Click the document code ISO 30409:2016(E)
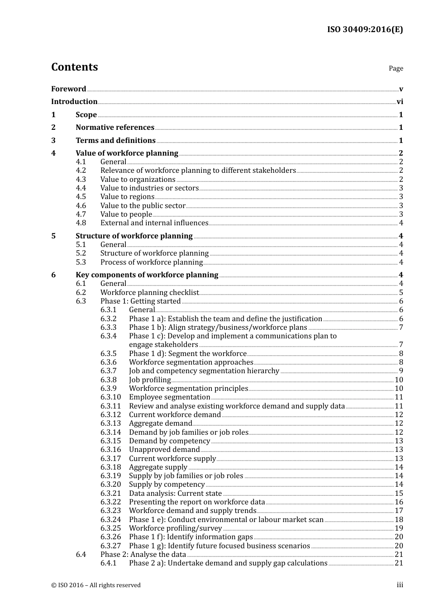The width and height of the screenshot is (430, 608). point(365,29)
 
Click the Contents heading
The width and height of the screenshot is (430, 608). point(74,67)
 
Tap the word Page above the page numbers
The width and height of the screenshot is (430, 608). point(396,68)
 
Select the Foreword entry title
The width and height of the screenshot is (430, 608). point(68,89)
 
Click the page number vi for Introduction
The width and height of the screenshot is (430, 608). point(400,102)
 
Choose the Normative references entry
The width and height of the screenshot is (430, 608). point(115,128)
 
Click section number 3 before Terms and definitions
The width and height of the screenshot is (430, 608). point(53,141)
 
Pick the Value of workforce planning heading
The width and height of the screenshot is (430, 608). point(127,153)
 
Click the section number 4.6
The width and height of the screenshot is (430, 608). point(81,206)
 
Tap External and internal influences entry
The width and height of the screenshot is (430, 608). point(154,223)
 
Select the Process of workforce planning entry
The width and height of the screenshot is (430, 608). point(151,262)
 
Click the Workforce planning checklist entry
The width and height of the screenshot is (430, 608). point(149,293)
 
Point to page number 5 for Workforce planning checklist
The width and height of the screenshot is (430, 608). point(401,293)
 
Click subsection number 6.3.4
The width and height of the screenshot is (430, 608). point(108,336)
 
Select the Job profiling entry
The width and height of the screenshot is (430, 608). point(150,380)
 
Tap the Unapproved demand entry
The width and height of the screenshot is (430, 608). point(164,450)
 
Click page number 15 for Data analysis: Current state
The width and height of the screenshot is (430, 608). point(399,494)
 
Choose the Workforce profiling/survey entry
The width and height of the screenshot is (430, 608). point(175,528)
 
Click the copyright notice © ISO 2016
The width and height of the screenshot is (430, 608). point(96,585)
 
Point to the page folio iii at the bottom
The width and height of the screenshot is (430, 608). point(400,585)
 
